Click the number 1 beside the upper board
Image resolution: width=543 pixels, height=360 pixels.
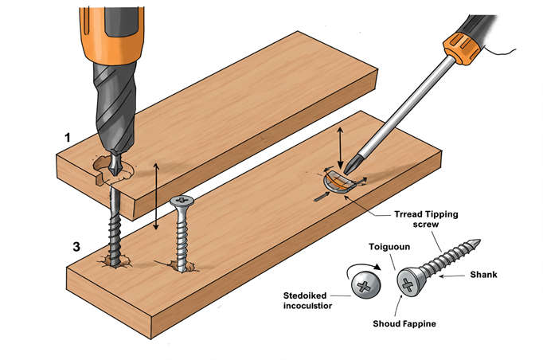click(x=68, y=138)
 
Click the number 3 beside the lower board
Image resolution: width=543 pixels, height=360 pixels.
click(x=76, y=247)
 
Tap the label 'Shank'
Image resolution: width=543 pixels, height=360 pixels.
click(x=507, y=275)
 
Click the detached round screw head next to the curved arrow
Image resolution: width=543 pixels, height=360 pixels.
click(x=365, y=284)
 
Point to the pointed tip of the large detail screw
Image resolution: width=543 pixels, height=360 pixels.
click(x=477, y=242)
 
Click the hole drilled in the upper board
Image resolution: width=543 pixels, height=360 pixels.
click(x=107, y=168)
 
